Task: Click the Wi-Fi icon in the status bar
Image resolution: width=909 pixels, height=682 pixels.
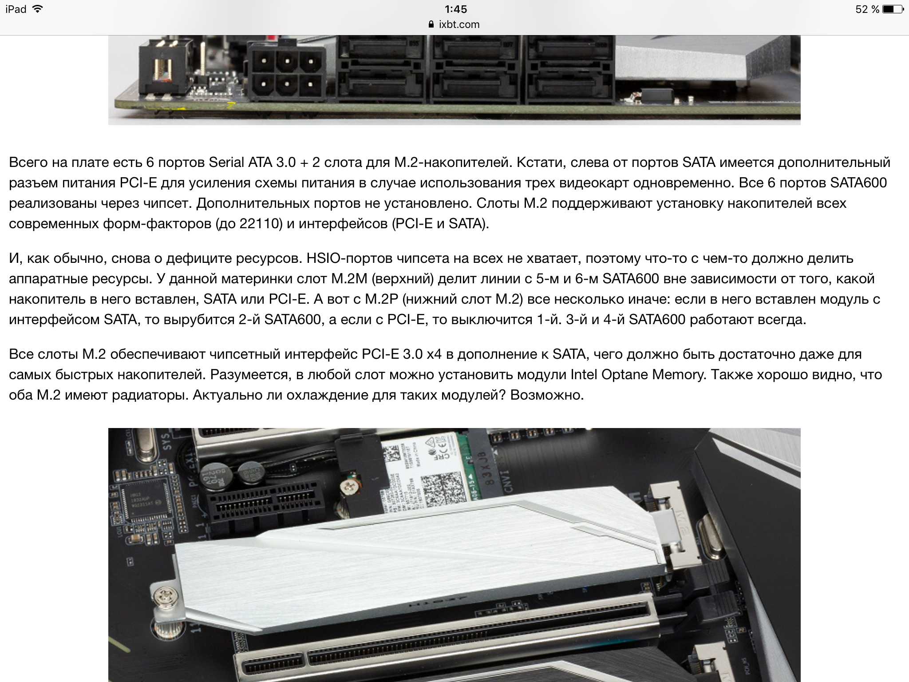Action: [38, 9]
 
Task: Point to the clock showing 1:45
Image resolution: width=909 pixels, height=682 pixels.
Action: [455, 9]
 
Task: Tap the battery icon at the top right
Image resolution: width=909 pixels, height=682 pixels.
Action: [892, 9]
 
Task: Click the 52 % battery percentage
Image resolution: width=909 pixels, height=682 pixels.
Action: [867, 9]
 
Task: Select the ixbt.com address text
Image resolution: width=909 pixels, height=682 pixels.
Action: [459, 24]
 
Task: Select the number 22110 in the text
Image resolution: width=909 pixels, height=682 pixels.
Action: [261, 224]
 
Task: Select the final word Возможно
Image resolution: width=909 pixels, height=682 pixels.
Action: [547, 395]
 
